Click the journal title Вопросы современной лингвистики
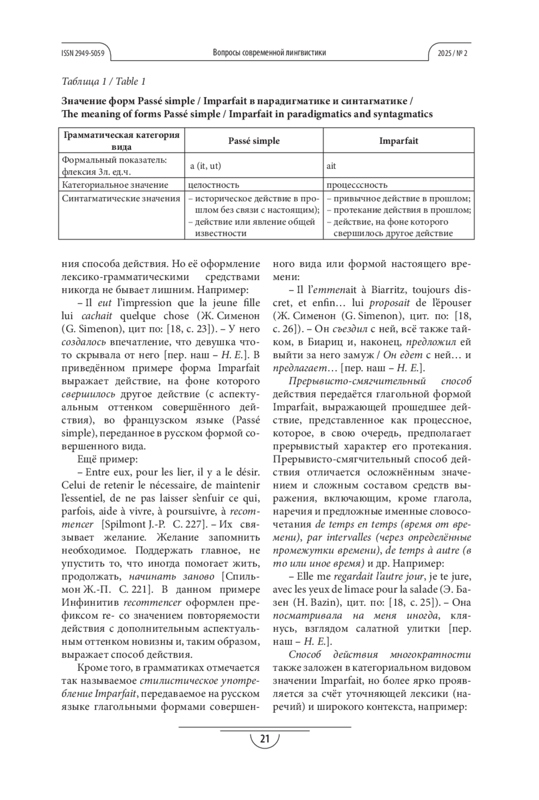(269, 53)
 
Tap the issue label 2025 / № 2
(452, 53)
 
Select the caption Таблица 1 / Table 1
(103, 81)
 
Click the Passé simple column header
(254, 141)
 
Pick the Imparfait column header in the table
(398, 141)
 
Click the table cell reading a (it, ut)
(206, 166)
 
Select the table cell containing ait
(331, 166)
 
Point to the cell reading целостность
(213, 185)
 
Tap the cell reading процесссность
(357, 185)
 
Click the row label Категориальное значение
(115, 185)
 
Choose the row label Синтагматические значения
(121, 199)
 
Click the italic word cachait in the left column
(97, 315)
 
